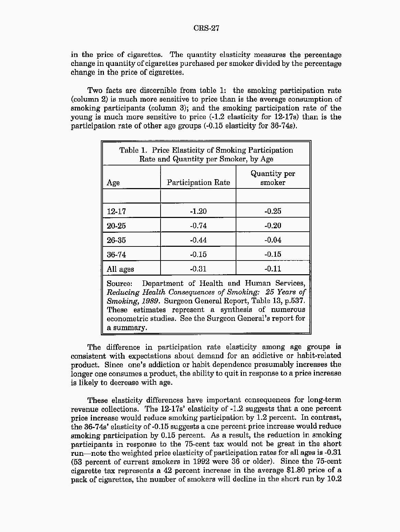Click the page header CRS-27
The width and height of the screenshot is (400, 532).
[x=206, y=28]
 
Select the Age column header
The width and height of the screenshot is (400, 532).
[x=113, y=183]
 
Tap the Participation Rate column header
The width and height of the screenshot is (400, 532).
[x=198, y=183]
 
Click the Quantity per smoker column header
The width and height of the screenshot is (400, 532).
[x=273, y=178]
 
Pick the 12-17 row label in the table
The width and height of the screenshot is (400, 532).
[x=116, y=211]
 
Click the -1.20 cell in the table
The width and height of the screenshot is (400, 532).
[x=198, y=211]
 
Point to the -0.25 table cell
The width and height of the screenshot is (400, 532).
[x=273, y=211]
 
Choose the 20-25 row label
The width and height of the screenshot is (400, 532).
[x=116, y=226]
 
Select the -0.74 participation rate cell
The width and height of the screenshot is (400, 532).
[x=198, y=226]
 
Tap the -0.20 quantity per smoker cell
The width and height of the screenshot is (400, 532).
[x=273, y=226]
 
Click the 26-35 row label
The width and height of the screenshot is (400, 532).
[x=116, y=240]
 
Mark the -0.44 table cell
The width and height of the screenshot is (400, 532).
[x=198, y=240]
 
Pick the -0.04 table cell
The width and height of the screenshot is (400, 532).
[x=273, y=240]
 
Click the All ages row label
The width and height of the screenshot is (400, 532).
[x=120, y=269]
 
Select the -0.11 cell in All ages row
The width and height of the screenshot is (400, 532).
[x=273, y=269]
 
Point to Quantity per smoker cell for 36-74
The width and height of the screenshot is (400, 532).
[x=273, y=255]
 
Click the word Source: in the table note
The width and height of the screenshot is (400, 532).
[x=119, y=284]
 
